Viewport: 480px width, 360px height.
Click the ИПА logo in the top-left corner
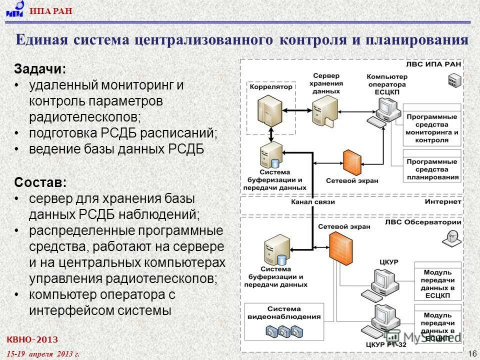coord(15,9)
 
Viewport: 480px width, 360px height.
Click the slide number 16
coord(471,354)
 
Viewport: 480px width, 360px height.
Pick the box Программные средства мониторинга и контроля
coord(432,128)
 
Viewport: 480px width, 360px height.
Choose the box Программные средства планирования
coord(432,169)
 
